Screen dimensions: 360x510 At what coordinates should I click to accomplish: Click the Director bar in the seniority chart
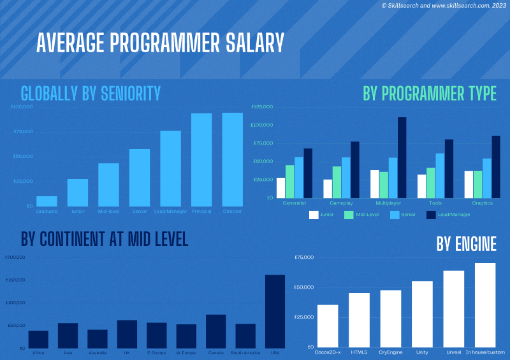click(232, 159)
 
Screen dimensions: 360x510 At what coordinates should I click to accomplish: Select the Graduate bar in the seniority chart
click(47, 201)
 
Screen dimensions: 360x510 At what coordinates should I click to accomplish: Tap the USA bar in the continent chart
click(275, 311)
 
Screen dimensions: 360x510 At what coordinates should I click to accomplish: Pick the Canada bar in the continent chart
click(215, 331)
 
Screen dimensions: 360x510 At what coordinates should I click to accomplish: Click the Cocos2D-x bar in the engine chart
click(328, 326)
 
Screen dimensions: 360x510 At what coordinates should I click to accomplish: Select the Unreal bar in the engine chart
click(454, 308)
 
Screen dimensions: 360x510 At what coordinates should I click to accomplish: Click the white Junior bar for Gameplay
click(328, 189)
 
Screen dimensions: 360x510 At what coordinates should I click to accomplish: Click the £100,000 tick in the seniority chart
click(22, 106)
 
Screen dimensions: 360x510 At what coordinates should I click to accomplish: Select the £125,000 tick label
click(262, 106)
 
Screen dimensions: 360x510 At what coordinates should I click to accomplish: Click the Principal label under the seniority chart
click(201, 211)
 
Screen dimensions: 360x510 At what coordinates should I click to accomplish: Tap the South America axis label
click(245, 352)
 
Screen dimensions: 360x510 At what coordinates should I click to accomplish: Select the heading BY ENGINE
click(466, 244)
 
